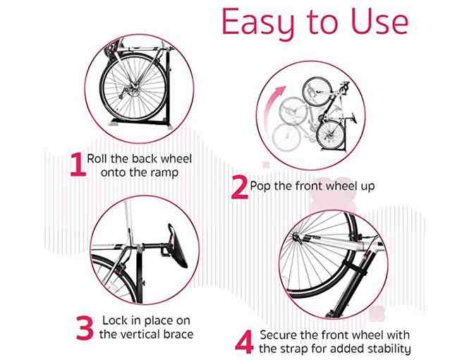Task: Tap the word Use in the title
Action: click(379, 21)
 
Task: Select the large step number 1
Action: click(78, 164)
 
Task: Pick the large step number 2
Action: click(240, 188)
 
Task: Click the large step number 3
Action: click(85, 328)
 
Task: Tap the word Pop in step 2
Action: click(260, 186)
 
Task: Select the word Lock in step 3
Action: click(115, 320)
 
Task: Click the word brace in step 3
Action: click(178, 335)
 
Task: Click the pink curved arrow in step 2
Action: click(272, 106)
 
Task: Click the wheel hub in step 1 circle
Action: click(133, 88)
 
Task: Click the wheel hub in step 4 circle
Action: click(296, 237)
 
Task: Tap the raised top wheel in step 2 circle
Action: click(317, 92)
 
